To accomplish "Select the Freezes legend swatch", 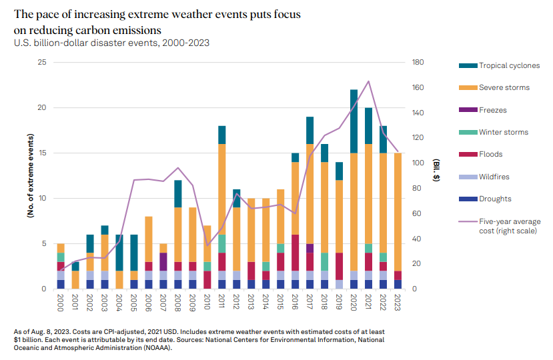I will click(x=467, y=110).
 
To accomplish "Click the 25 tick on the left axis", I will click(x=41, y=62).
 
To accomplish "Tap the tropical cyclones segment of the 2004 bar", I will click(x=119, y=253).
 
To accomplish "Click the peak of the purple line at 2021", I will click(x=369, y=81).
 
